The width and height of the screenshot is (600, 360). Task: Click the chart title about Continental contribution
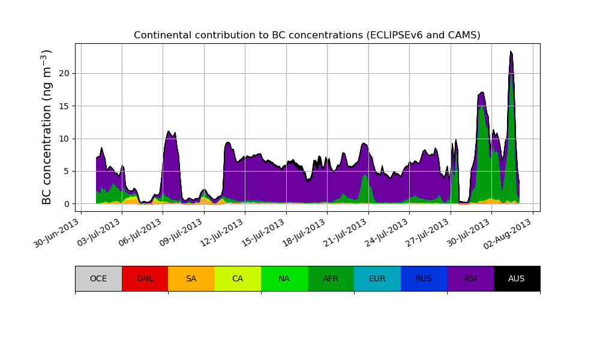307,35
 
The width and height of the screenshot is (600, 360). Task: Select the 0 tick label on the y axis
67,204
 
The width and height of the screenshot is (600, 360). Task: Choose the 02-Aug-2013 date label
510,233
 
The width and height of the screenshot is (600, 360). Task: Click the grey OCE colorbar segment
98,278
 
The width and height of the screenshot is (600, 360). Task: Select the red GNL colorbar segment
145,278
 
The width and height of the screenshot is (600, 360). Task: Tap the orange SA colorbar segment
191,278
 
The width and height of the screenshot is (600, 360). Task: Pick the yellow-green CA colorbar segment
238,278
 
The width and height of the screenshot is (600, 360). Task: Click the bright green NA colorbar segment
284,278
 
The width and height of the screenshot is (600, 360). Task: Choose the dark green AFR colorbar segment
331,278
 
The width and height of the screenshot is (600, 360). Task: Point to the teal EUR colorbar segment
377,278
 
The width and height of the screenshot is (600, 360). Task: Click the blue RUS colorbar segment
424,278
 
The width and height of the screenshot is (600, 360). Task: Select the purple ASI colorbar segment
470,278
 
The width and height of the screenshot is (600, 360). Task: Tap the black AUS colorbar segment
517,278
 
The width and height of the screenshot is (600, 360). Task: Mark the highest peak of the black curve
511,52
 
